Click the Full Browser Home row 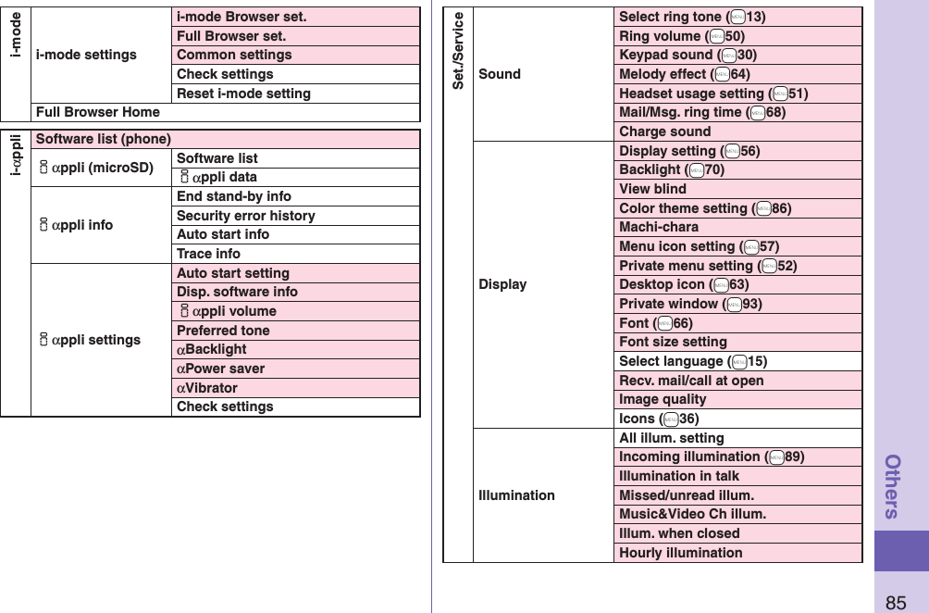point(98,112)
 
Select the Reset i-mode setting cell point(243,94)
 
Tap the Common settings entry point(234,55)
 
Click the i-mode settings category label point(86,55)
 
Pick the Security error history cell point(246,216)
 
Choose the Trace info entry point(208,254)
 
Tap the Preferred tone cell point(223,331)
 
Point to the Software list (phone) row point(104,139)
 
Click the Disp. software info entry point(237,292)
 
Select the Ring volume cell point(682,36)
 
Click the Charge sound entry point(665,131)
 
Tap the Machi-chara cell point(659,227)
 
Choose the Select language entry point(693,361)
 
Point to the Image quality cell point(663,399)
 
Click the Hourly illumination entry point(681,553)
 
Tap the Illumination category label point(517,495)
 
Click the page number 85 point(896,603)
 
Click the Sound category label point(500,74)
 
